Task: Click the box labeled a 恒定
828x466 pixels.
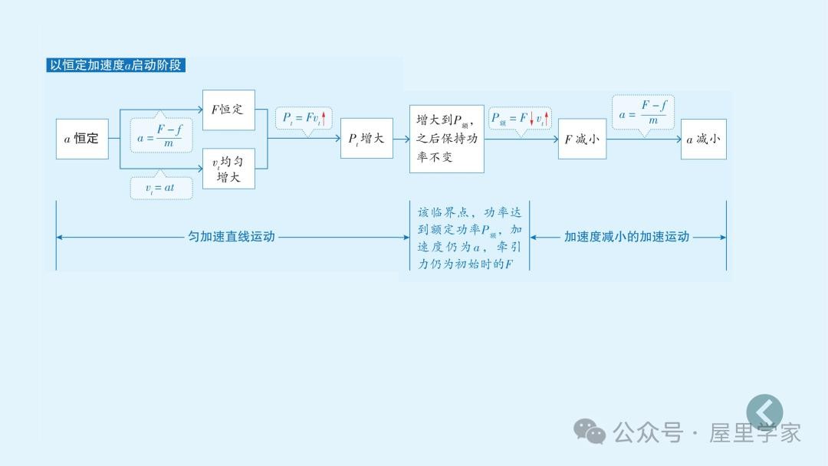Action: [82, 139]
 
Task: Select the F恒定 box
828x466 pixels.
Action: [228, 110]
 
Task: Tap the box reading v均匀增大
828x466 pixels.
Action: [228, 169]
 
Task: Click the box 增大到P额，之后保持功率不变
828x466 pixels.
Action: [447, 139]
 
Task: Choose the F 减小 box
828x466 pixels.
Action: [582, 139]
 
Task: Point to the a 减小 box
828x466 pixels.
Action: [703, 139]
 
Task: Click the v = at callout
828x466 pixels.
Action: [160, 188]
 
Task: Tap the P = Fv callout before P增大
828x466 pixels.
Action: [304, 118]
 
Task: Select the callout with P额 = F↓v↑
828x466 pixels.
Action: [521, 118]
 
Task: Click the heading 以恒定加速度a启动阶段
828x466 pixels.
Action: [116, 65]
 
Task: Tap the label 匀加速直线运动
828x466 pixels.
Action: [232, 237]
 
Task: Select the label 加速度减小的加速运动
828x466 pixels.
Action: [626, 237]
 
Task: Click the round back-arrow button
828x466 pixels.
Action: [764, 412]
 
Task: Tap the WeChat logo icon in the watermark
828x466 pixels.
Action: [590, 432]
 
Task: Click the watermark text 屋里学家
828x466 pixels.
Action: [755, 432]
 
